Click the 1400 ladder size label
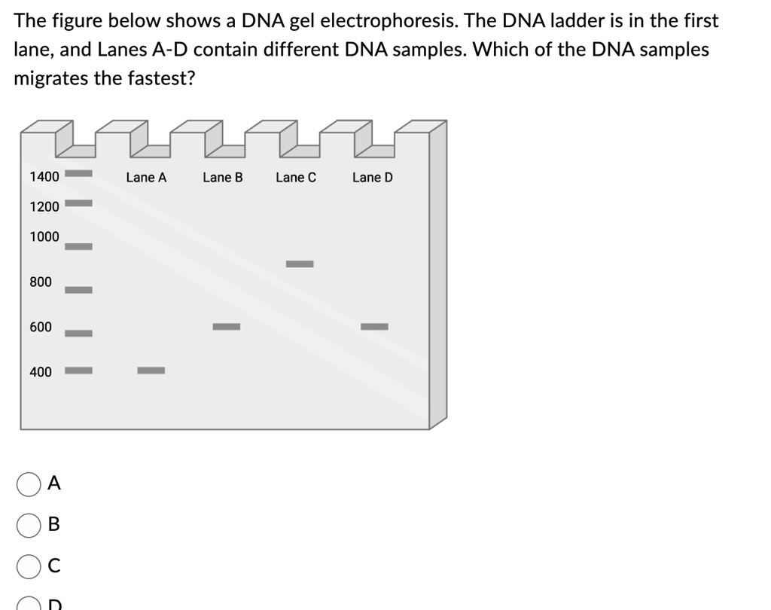tap(44, 177)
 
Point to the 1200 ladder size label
tap(44, 206)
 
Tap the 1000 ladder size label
tap(44, 236)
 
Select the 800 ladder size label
tap(41, 282)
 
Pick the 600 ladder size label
tap(41, 327)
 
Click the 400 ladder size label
tap(41, 372)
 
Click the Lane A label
tap(146, 178)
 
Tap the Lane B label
tap(223, 178)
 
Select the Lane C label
tap(296, 178)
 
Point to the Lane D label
tap(373, 178)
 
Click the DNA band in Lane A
tap(151, 370)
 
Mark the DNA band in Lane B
tap(226, 326)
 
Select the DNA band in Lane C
tap(299, 264)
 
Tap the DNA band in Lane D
tap(374, 326)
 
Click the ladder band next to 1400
tap(78, 173)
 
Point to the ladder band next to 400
tap(78, 370)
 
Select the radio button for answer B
tap(29, 525)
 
